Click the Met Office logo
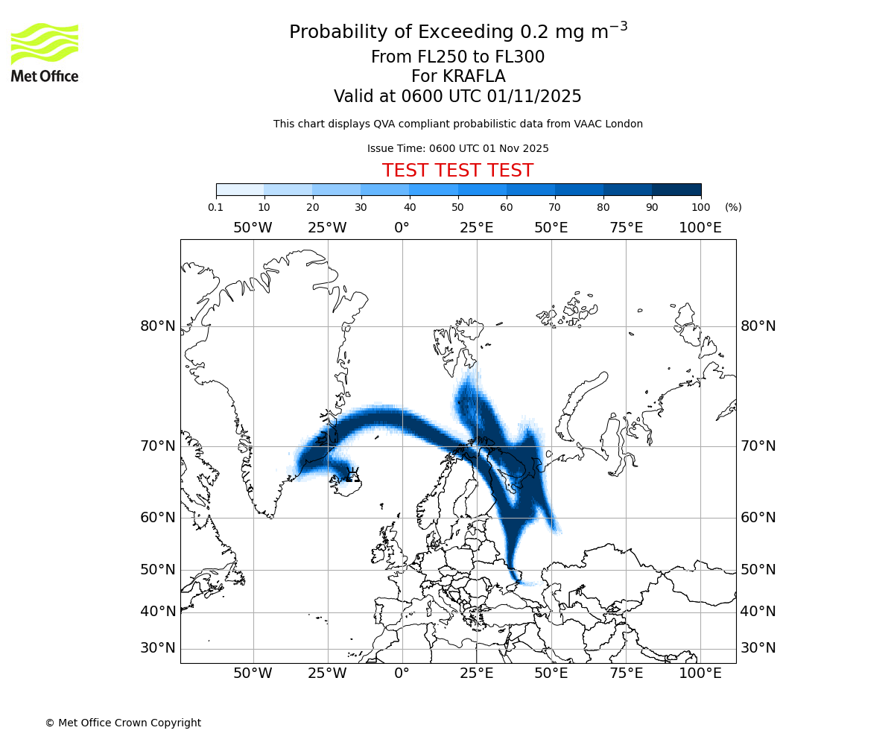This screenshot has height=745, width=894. [x=45, y=52]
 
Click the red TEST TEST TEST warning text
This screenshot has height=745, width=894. [x=457, y=171]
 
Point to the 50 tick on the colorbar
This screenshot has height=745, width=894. [x=457, y=207]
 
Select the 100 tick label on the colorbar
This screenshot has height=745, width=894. [x=701, y=207]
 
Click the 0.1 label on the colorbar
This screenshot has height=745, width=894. [x=216, y=207]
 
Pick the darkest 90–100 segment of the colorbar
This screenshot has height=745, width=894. [x=676, y=190]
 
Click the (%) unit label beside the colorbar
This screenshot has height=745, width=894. [x=733, y=207]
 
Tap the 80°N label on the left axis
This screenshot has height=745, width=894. [x=158, y=326]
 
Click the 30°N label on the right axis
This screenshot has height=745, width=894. [x=758, y=648]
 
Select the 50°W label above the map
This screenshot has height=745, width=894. [x=253, y=228]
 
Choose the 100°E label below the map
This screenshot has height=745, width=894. [x=700, y=673]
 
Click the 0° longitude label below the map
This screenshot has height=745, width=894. [x=402, y=673]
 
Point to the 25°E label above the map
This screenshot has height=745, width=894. [x=476, y=228]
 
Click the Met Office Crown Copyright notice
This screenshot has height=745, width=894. [x=123, y=723]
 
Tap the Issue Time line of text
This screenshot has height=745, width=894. [x=457, y=148]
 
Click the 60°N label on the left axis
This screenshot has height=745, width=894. [x=158, y=518]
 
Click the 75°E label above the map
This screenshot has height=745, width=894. [x=626, y=228]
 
